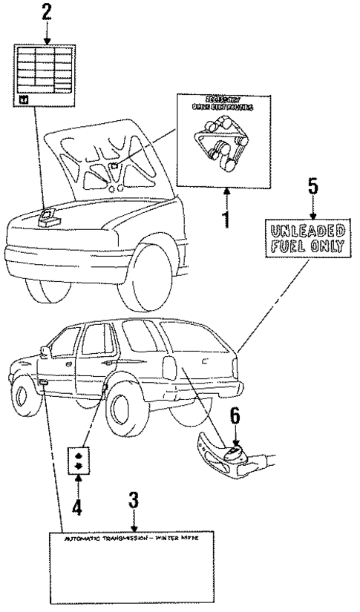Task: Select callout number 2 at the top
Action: (x=47, y=12)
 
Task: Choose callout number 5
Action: (x=312, y=185)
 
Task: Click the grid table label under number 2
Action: (x=47, y=73)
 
